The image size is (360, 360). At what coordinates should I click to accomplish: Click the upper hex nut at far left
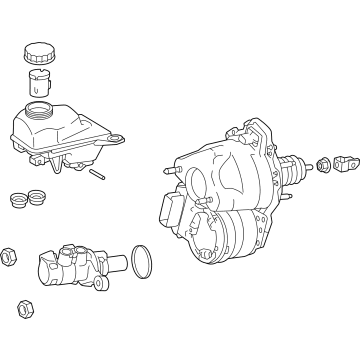tap(9, 257)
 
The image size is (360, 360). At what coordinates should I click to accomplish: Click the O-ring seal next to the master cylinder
tap(143, 262)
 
